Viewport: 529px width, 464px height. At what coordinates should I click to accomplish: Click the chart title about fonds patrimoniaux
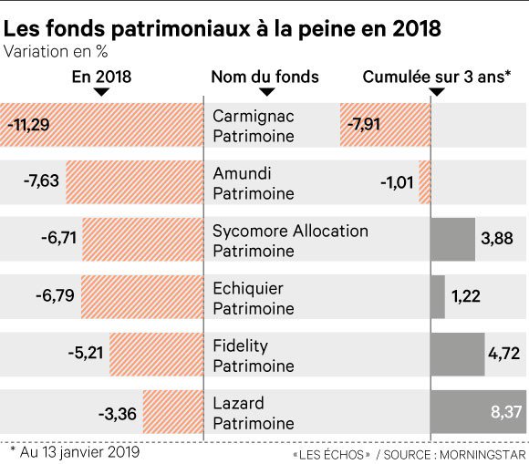pos(223,27)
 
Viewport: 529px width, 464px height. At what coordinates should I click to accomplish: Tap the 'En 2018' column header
pos(101,77)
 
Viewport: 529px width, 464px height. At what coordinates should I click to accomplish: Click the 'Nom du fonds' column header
pos(264,77)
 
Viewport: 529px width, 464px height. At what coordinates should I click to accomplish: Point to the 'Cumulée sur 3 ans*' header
pos(436,77)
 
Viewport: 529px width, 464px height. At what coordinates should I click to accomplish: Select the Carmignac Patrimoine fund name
pos(254,125)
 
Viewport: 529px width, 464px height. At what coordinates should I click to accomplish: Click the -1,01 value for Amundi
pos(398,181)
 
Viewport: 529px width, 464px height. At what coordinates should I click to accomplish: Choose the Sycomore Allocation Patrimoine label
pos(290,240)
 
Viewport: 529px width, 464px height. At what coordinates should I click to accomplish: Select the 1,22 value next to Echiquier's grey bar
pos(465,296)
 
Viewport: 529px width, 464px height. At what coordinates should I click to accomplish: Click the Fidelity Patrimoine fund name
pos(254,355)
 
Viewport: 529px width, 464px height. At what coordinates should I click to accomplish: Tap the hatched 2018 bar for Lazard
pos(172,414)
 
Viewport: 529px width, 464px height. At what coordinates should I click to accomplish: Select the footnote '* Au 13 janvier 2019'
pos(74,449)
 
